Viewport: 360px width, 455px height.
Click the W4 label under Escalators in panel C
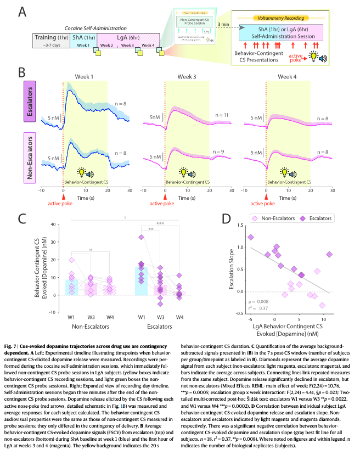179,317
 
